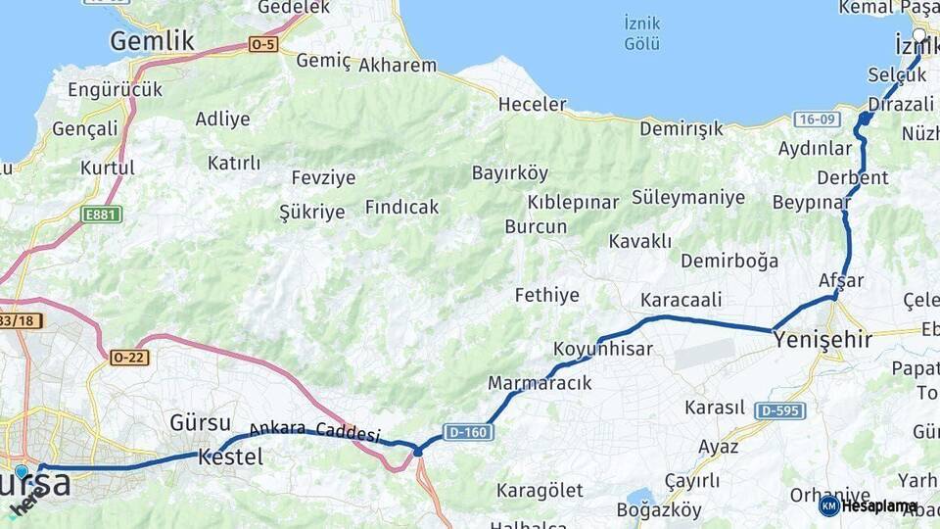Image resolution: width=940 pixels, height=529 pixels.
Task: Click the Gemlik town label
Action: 152,40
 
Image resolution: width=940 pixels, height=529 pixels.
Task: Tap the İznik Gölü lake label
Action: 642,33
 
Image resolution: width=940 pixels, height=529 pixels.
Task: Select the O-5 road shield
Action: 263,44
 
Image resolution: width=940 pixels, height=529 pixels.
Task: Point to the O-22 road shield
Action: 129,358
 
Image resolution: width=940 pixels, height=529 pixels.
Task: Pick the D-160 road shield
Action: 465,431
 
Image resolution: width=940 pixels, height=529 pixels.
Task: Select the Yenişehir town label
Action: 822,340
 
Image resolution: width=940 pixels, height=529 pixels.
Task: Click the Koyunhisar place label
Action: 602,349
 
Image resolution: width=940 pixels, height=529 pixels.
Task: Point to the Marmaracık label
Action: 540,383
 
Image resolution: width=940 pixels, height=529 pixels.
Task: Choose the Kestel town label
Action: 230,457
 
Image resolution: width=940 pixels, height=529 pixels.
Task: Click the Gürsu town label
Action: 200,423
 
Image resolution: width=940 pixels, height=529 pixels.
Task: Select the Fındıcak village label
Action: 401,208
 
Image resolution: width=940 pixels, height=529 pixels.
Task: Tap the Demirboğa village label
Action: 729,261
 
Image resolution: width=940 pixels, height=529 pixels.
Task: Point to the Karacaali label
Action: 681,300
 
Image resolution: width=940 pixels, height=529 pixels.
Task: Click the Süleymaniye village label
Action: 688,198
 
